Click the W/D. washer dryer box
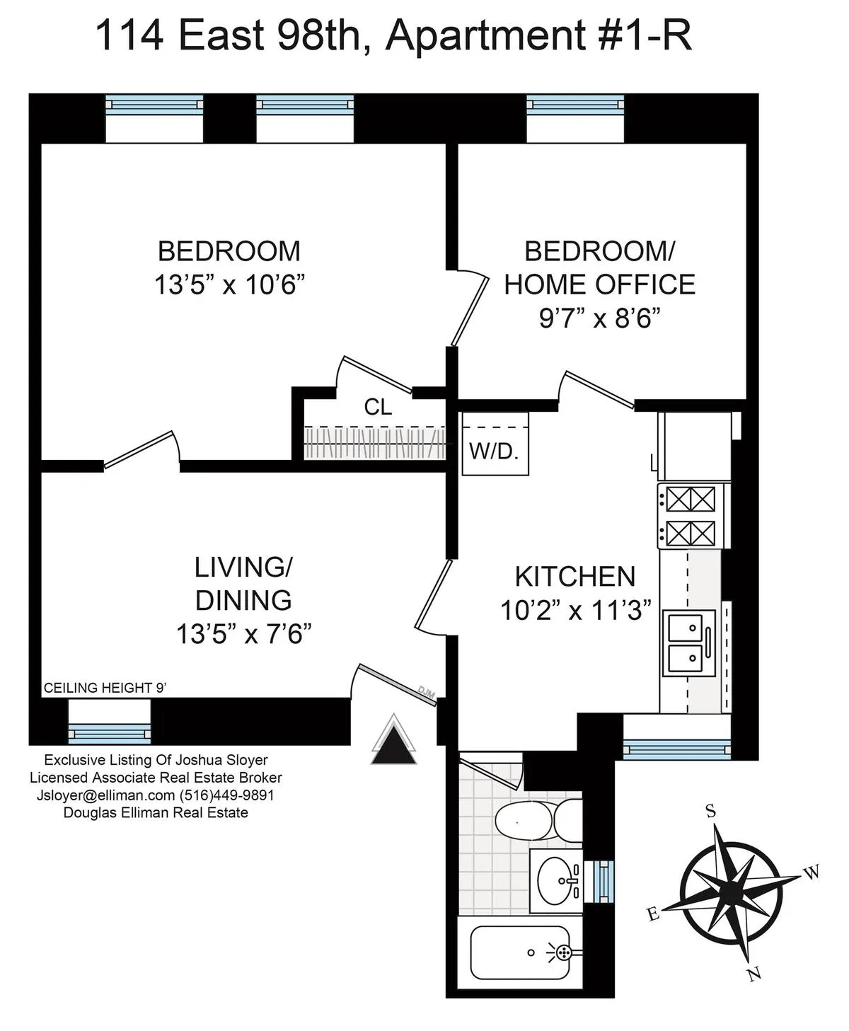pos(495,444)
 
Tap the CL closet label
pos(378,407)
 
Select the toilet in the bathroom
pos(536,821)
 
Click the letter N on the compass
pos(754,975)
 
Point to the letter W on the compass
pos(812,872)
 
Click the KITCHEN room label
pos(574,577)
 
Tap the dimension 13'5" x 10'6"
pos(229,285)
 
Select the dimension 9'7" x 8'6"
pos(599,318)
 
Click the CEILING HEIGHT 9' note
pos(105,688)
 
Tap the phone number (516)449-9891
pos(226,795)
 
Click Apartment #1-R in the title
pos(538,35)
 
